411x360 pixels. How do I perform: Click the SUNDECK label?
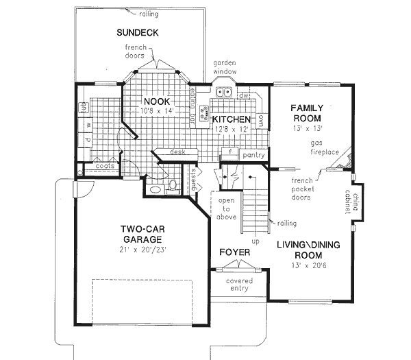[x=138, y=32]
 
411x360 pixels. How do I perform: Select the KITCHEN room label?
[x=230, y=119]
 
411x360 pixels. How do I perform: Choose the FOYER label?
[x=234, y=252]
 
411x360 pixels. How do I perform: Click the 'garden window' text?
[x=225, y=66]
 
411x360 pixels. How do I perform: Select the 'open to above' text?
[x=227, y=208]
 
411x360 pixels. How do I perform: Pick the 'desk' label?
[x=179, y=152]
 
